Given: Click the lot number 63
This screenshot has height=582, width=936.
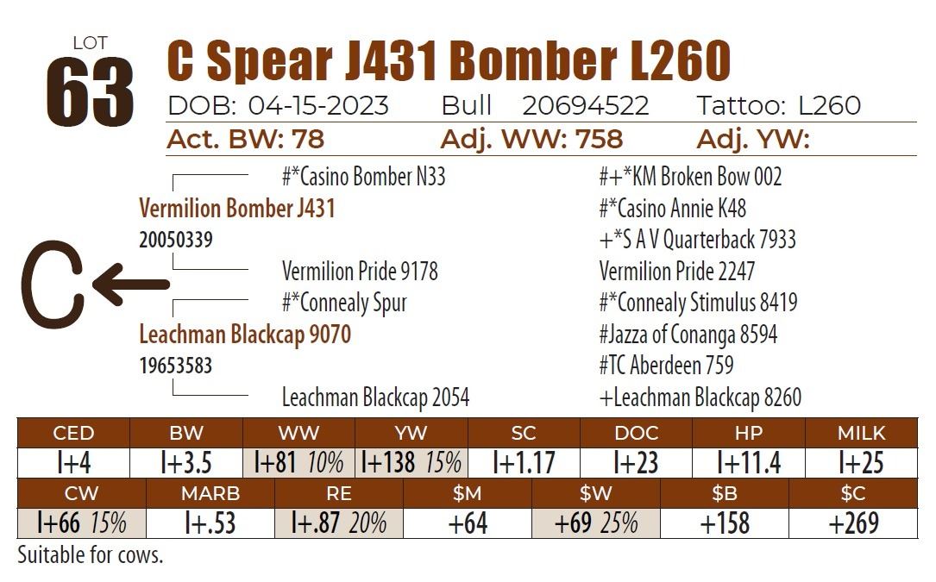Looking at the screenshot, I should [90, 91].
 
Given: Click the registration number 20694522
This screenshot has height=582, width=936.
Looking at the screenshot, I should [585, 106].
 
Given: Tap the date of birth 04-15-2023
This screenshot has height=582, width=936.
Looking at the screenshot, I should [318, 106].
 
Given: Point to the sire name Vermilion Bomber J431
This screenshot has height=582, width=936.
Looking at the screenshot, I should [236, 209].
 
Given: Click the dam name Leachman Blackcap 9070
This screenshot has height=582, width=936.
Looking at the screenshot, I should [245, 335].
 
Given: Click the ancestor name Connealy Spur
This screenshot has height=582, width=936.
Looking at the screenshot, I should [344, 304].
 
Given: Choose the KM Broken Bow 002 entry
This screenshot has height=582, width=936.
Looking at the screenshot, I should [690, 178].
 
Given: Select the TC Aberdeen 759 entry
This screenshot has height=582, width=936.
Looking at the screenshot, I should [666, 366].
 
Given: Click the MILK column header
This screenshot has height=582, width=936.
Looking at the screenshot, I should [861, 433].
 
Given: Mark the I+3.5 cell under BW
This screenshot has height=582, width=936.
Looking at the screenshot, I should [186, 463].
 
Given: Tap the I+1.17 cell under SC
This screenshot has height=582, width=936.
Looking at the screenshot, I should [524, 463].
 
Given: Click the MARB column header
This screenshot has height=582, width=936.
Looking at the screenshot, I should [210, 494].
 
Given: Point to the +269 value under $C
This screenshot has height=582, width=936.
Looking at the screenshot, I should [853, 523].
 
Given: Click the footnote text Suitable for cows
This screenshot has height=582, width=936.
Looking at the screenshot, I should [90, 555].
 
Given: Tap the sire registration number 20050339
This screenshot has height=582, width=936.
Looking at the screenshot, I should [176, 241].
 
